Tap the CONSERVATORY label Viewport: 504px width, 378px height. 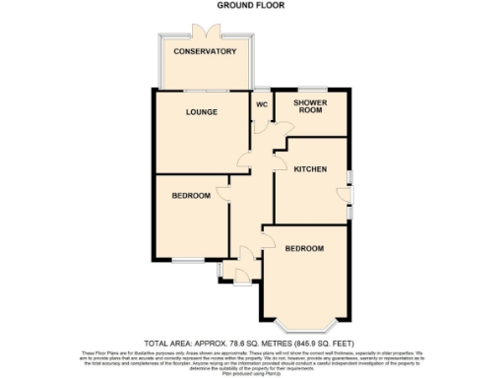pyautogui.click(x=203, y=51)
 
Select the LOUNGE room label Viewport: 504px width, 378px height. pyautogui.click(x=202, y=112)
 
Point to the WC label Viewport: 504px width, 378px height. pyautogui.click(x=262, y=103)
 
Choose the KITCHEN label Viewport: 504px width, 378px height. pyautogui.click(x=310, y=169)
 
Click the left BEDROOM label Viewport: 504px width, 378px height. pyautogui.click(x=191, y=196)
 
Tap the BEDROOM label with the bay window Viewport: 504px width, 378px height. pyautogui.click(x=304, y=249)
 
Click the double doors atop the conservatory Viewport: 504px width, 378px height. pyautogui.click(x=206, y=30)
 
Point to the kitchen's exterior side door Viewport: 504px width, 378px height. pyautogui.click(x=348, y=193)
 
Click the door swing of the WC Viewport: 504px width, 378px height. pyautogui.click(x=259, y=128)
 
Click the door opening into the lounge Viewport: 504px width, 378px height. pyautogui.click(x=243, y=160)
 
